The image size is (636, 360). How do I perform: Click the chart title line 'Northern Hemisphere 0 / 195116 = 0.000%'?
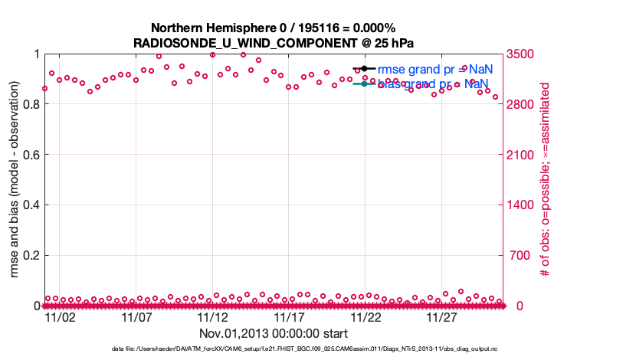pos(273,28)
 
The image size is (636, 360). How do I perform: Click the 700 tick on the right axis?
pos(515,255)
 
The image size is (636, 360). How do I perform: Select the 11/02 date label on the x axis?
pos(59,317)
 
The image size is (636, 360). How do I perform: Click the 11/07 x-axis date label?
pos(136,317)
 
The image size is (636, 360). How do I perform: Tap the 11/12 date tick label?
pos(212,317)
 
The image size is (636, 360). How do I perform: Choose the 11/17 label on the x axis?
pos(289,317)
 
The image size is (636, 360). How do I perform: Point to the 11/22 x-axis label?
pos(366,317)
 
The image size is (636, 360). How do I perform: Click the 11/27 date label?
pos(442,317)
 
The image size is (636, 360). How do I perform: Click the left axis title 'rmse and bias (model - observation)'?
pos(14,180)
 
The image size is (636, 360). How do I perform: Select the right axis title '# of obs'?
pos(546,180)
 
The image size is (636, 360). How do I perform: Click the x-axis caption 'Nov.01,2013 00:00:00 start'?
pos(274,333)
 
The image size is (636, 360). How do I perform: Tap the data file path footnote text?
pos(274,350)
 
